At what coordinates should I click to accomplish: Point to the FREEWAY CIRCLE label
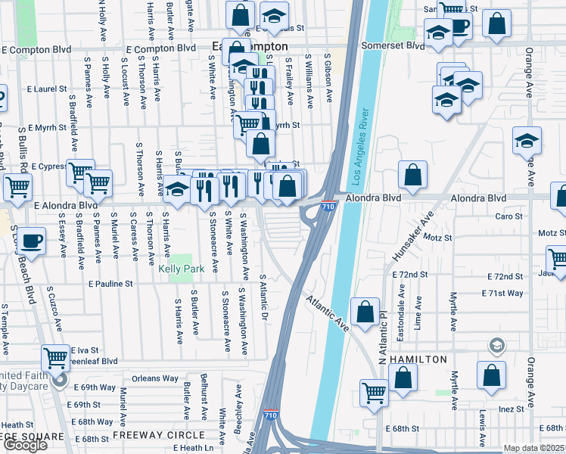[159, 435]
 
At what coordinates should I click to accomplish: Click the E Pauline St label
[110, 285]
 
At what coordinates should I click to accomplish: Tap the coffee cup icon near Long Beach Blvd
[31, 240]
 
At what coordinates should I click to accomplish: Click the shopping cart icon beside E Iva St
[56, 357]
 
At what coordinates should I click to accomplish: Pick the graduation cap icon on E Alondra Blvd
[177, 189]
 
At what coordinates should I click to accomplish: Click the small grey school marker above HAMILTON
[496, 346]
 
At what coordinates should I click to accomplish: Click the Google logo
[25, 445]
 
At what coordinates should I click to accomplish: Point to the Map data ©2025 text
[533, 448]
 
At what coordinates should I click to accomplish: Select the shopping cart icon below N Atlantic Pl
[375, 392]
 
